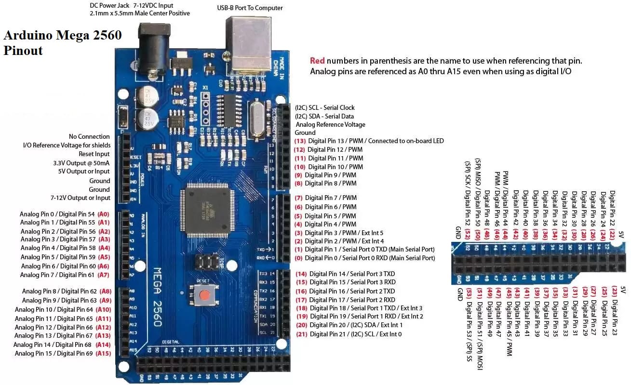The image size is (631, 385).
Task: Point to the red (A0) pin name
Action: [x=104, y=214]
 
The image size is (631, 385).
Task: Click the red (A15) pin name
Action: [x=104, y=353]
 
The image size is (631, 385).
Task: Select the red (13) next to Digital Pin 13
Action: [x=300, y=141]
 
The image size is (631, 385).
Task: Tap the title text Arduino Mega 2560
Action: [x=62, y=35]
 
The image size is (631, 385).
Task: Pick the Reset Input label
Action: [x=94, y=154]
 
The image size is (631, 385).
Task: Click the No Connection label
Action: [x=89, y=137]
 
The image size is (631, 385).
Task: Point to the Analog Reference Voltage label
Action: [x=330, y=125]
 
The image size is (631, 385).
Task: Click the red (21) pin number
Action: [x=302, y=334]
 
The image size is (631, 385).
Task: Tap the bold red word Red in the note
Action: [x=317, y=61]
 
